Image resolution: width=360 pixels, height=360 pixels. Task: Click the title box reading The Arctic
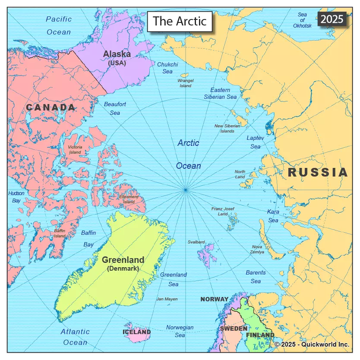pyautogui.click(x=180, y=21)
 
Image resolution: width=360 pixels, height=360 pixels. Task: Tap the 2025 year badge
pyautogui.click(x=332, y=19)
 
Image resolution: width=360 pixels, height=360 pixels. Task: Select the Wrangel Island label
pyautogui.click(x=186, y=83)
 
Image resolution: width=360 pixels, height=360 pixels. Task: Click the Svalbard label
pyautogui.click(x=196, y=242)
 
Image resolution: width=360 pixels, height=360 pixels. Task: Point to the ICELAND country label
pyautogui.click(x=136, y=332)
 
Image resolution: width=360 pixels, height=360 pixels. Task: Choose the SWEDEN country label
pyautogui.click(x=234, y=328)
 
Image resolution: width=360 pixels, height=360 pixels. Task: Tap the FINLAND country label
pyautogui.click(x=260, y=335)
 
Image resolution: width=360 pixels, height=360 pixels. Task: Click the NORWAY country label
pyautogui.click(x=215, y=299)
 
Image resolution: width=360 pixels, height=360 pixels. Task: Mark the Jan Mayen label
pyautogui.click(x=167, y=299)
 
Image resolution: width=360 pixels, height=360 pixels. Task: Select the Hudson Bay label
pyautogui.click(x=16, y=197)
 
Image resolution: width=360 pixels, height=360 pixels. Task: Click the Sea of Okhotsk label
pyautogui.click(x=302, y=20)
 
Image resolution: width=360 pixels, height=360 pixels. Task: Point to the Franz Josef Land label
pyautogui.click(x=223, y=211)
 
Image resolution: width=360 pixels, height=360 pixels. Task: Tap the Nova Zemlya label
pyautogui.click(x=258, y=249)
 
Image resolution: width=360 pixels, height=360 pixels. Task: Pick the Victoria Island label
pyautogui.click(x=75, y=150)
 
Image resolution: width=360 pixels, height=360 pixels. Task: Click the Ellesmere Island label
pyautogui.click(x=129, y=199)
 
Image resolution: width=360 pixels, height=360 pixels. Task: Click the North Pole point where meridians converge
pyautogui.click(x=185, y=189)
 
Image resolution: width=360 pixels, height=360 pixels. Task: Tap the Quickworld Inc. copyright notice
pyautogui.click(x=312, y=344)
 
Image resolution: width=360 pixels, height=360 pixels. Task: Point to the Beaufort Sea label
pyautogui.click(x=115, y=108)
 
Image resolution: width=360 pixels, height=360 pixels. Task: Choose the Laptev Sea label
pyautogui.click(x=255, y=142)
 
